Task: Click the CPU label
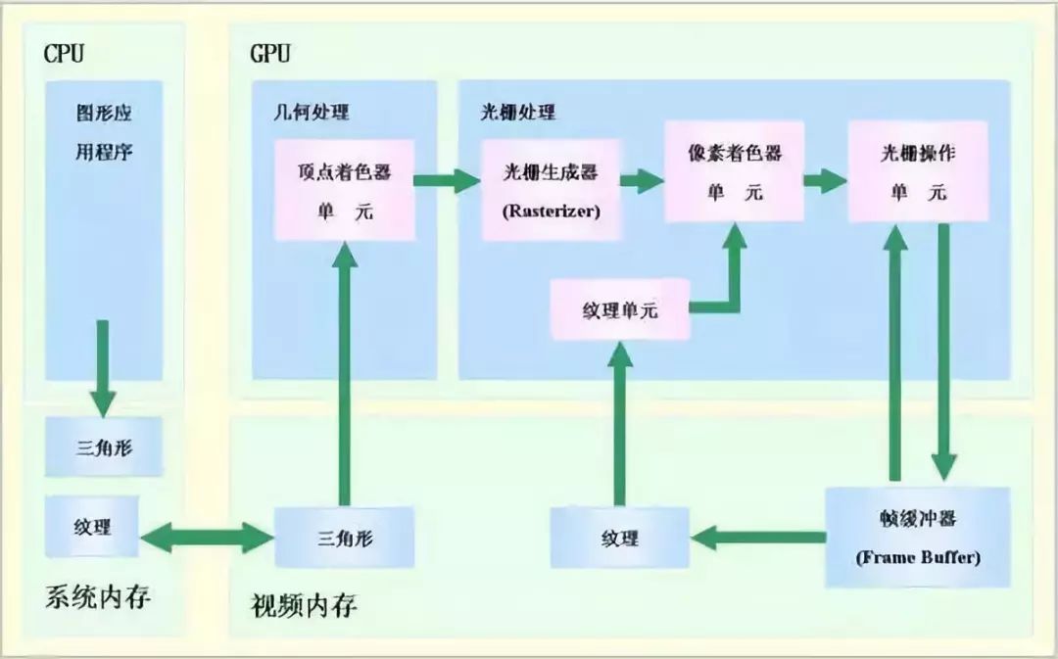click(x=64, y=53)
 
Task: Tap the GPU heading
click(x=270, y=53)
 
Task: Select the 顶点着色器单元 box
click(x=345, y=190)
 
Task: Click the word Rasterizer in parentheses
click(x=552, y=211)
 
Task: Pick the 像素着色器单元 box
click(x=734, y=171)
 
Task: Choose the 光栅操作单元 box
click(x=918, y=171)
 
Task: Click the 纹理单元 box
click(x=620, y=309)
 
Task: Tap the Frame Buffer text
click(x=918, y=557)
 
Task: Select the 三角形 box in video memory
click(x=344, y=538)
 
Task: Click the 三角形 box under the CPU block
click(x=104, y=447)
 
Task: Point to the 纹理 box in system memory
click(x=92, y=526)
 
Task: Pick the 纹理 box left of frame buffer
click(x=619, y=538)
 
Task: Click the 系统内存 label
click(x=98, y=597)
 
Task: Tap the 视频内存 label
click(x=304, y=605)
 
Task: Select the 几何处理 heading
click(x=312, y=112)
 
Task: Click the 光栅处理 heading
click(x=517, y=112)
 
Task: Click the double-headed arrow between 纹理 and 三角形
click(x=207, y=538)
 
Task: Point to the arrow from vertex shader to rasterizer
click(x=448, y=180)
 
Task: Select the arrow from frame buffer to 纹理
click(x=757, y=538)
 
